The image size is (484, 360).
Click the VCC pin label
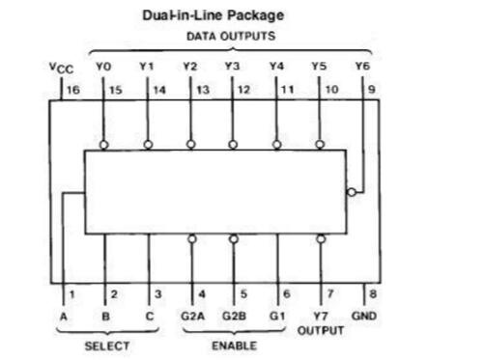[x=61, y=68]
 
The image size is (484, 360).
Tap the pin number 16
[x=73, y=90]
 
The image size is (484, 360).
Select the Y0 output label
[x=103, y=67]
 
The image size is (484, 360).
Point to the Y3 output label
[x=232, y=66]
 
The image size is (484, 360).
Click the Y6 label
[x=362, y=66]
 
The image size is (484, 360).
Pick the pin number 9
[x=372, y=89]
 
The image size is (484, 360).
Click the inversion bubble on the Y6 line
[x=352, y=192]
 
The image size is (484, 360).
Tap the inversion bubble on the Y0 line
[x=103, y=145]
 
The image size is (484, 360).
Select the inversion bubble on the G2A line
[x=192, y=239]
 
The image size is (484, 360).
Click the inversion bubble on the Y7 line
[x=321, y=239]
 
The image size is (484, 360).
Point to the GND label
[x=364, y=316]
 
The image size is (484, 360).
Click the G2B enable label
[x=234, y=316]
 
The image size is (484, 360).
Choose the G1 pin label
[x=277, y=316]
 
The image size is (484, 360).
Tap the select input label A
[x=64, y=317]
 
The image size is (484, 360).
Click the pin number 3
[x=157, y=294]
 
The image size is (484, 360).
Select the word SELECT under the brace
[x=107, y=346]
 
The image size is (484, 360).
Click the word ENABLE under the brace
[x=234, y=346]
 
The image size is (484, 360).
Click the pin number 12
[x=243, y=90]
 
